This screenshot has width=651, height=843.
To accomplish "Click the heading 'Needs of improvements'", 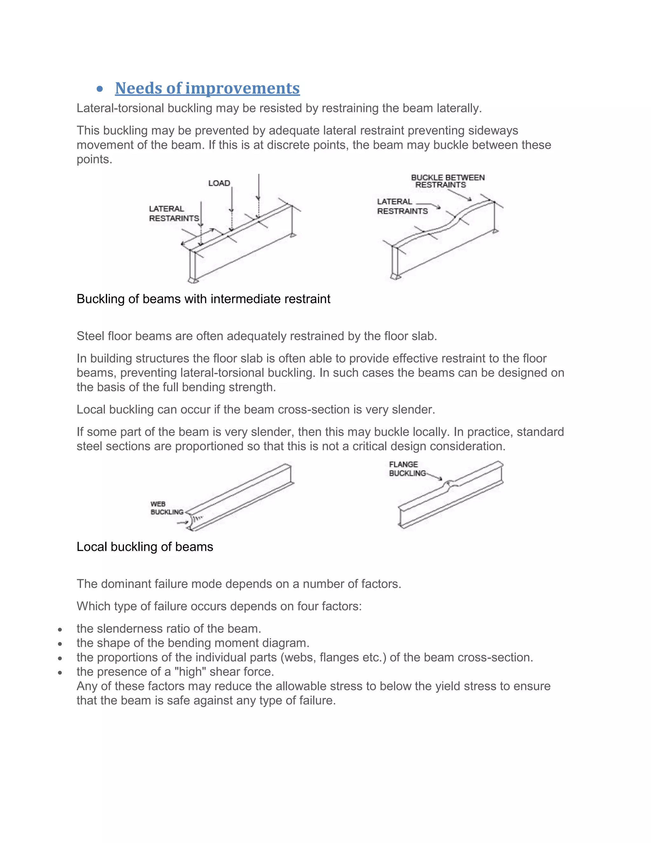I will pyautogui.click(x=207, y=88).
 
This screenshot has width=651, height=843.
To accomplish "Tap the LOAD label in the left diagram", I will pyautogui.click(x=219, y=183).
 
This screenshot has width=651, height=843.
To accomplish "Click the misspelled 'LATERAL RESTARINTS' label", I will pyautogui.click(x=174, y=213).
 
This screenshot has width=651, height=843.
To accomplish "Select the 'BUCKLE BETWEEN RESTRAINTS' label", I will pyautogui.click(x=447, y=181).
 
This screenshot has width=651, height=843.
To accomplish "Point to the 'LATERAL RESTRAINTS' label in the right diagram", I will pyautogui.click(x=402, y=206).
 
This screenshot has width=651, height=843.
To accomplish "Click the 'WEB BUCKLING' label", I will pyautogui.click(x=167, y=508).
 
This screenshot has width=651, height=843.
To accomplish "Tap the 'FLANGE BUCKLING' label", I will pyautogui.click(x=407, y=469).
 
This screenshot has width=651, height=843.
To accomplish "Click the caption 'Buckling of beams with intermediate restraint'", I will pyautogui.click(x=203, y=299).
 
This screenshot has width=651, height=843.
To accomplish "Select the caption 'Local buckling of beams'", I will pyautogui.click(x=145, y=547).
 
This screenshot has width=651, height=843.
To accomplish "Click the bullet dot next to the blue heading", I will pyautogui.click(x=100, y=89).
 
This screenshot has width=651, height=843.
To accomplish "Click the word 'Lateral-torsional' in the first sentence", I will pyautogui.click(x=121, y=108).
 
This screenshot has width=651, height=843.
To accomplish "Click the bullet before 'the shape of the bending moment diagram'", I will pyautogui.click(x=60, y=644).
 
